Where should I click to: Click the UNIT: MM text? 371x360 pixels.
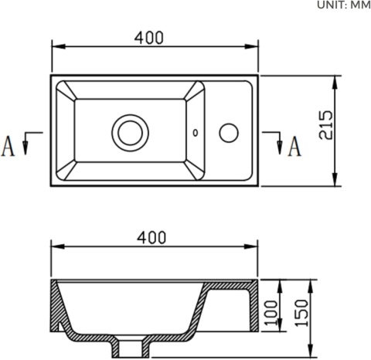(x=344, y=5)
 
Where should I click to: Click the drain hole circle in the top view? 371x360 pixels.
(x=128, y=131)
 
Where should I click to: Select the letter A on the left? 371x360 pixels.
(x=9, y=145)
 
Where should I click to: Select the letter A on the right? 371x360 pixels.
(x=294, y=145)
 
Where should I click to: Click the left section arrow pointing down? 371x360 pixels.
(x=26, y=144)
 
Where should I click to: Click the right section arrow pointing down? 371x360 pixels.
(x=277, y=144)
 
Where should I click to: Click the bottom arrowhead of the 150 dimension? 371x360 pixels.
(x=308, y=352)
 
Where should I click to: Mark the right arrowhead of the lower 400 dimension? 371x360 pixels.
(x=255, y=248)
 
